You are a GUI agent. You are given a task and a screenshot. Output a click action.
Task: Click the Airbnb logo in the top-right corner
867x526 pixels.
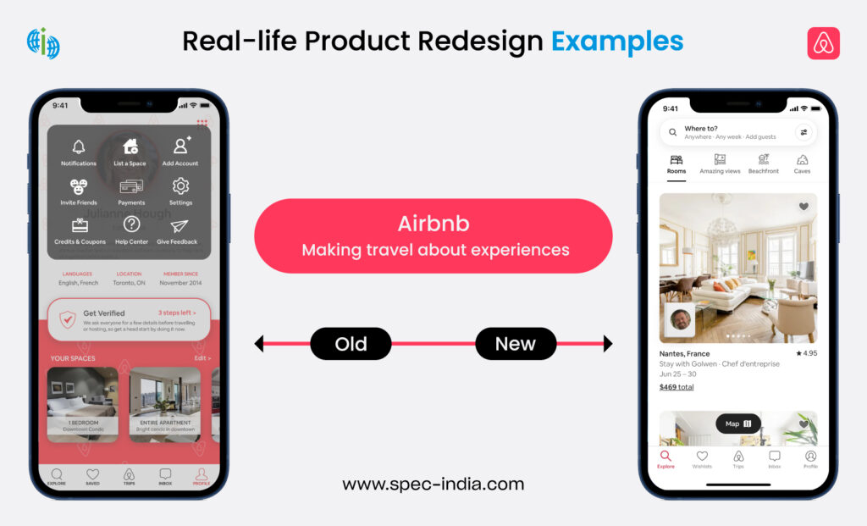[x=823, y=43]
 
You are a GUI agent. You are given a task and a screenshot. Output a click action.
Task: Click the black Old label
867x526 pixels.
[x=351, y=344]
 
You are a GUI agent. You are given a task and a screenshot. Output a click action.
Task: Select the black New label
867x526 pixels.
[x=515, y=344]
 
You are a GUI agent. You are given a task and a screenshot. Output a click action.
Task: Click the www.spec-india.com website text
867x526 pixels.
[x=433, y=484]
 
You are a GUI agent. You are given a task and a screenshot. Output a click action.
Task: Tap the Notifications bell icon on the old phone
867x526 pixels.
[x=79, y=147]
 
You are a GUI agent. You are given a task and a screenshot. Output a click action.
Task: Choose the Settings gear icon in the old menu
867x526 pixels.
[x=179, y=186]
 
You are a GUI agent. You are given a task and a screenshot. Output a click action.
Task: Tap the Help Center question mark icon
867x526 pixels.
[x=131, y=224]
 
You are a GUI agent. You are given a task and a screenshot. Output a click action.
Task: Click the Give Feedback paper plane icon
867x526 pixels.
[x=179, y=226]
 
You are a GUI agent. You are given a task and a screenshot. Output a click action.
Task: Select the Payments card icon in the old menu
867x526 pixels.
[x=131, y=186]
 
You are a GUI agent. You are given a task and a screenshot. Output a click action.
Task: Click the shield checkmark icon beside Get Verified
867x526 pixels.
[x=68, y=319]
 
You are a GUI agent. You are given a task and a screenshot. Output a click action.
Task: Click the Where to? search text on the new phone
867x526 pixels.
[x=701, y=129]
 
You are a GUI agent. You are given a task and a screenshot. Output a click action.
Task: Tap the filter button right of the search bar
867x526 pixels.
[x=803, y=132]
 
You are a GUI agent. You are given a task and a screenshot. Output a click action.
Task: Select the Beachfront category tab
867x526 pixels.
[x=763, y=159]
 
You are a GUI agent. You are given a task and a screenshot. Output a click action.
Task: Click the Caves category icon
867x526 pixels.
[x=802, y=159]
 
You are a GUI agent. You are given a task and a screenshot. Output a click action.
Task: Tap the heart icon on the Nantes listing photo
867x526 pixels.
[x=803, y=207]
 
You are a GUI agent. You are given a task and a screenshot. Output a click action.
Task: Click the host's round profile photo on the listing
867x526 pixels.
[x=680, y=320]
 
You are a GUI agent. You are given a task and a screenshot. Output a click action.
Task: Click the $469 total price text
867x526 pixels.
[x=676, y=387]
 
